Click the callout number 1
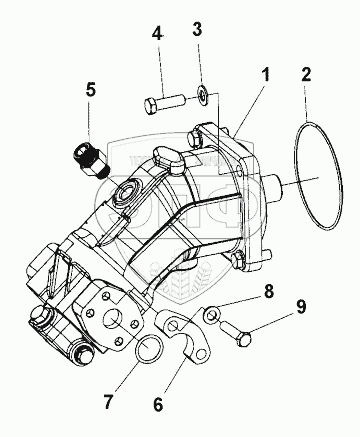265,76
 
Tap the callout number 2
306,74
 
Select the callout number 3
198,29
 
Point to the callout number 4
157,33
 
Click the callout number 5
91,90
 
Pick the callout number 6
158,404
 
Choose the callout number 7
108,402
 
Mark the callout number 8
268,291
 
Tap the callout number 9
301,306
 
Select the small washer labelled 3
202,95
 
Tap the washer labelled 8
211,315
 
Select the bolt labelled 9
236,333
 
